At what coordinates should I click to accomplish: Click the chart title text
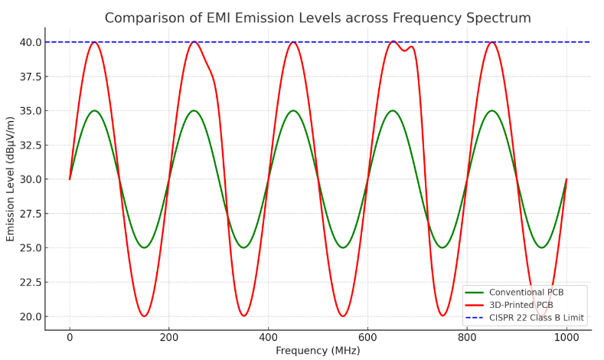click(318, 18)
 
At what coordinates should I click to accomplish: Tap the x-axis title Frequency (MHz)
click(318, 351)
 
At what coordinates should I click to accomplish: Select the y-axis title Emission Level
click(11, 179)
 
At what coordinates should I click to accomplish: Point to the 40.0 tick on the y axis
click(31, 42)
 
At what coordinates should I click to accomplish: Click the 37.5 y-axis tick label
click(31, 77)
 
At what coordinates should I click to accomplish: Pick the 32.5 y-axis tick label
click(31, 145)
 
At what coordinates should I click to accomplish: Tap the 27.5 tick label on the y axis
click(31, 214)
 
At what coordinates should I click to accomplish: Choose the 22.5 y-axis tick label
click(31, 282)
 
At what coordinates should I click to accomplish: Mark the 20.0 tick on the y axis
click(31, 316)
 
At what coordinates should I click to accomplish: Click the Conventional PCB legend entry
click(527, 292)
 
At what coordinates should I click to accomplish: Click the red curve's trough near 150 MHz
click(144, 316)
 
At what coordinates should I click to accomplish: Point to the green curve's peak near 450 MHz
click(293, 110)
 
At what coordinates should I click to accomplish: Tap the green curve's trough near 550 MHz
click(343, 247)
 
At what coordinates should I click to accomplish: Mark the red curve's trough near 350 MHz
click(243, 316)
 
